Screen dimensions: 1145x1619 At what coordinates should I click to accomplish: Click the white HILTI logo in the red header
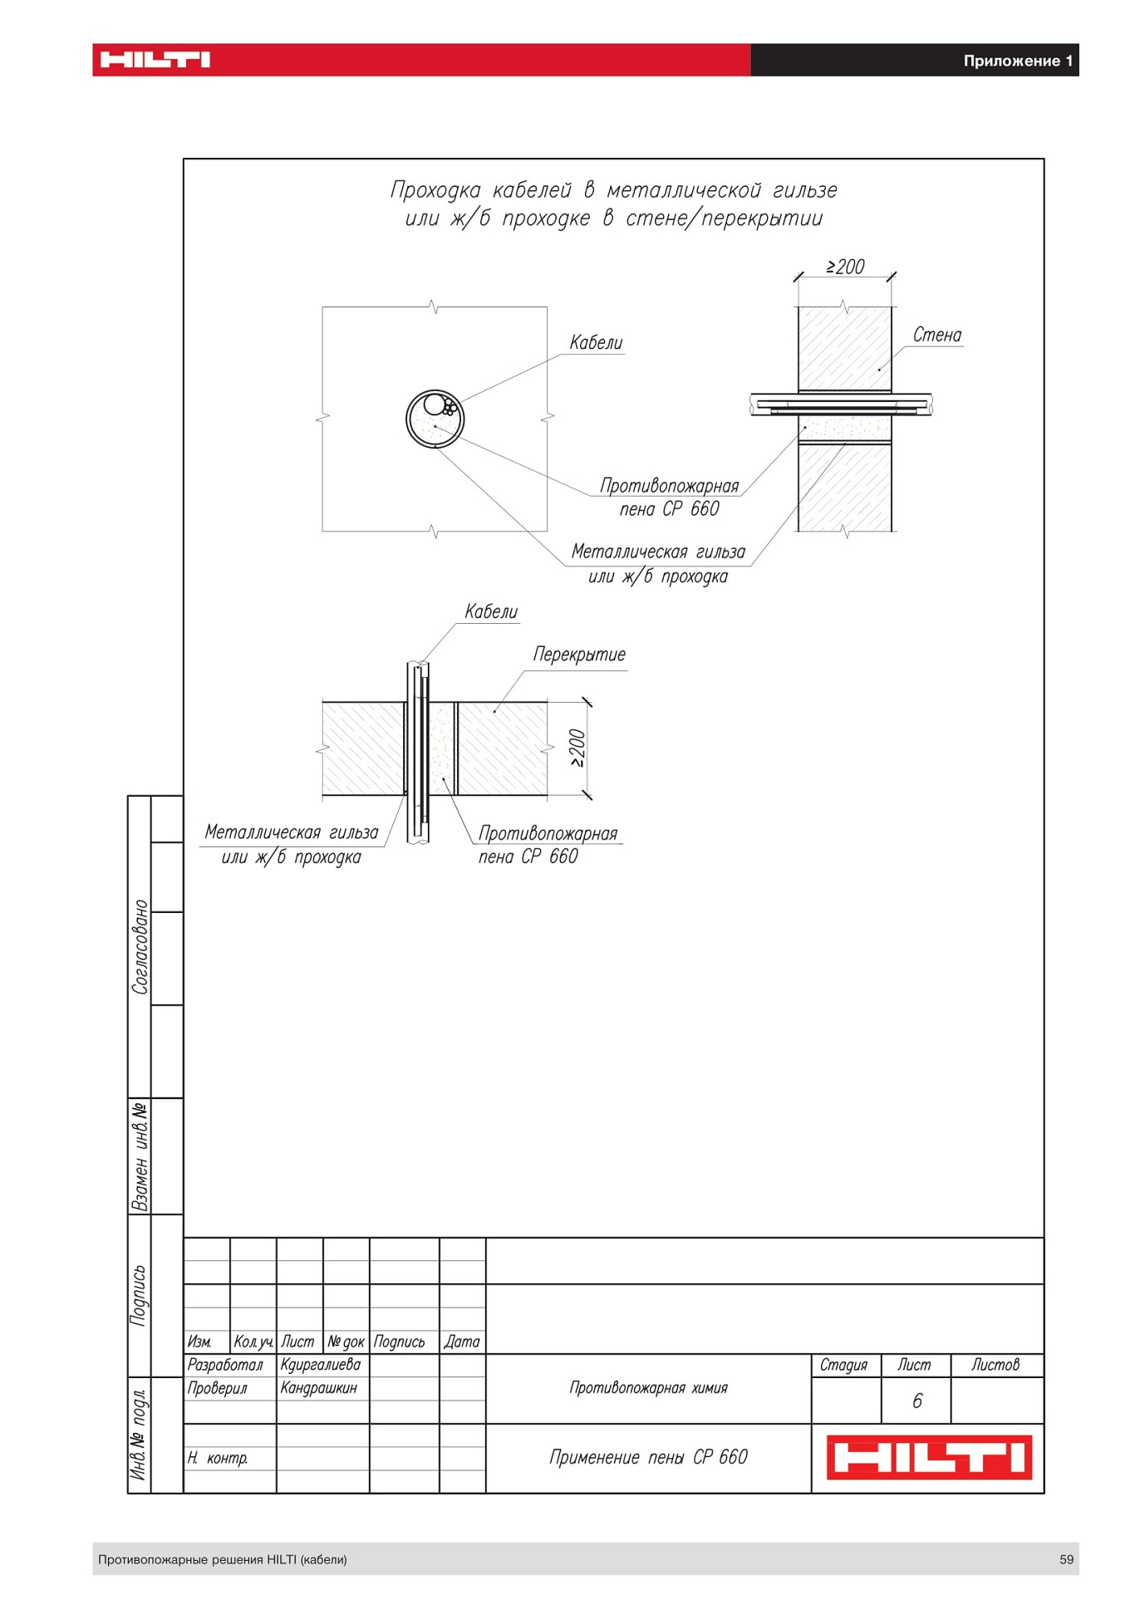(x=155, y=60)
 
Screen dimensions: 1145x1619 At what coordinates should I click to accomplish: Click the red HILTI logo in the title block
(x=929, y=1457)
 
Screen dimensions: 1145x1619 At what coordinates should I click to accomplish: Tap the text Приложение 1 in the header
(x=1018, y=61)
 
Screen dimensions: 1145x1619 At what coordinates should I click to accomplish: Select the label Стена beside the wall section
(x=936, y=335)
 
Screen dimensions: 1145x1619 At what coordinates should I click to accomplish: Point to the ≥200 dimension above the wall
(x=845, y=267)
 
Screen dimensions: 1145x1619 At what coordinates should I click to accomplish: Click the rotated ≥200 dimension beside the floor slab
(x=577, y=748)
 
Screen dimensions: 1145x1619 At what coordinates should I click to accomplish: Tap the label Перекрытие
(x=579, y=655)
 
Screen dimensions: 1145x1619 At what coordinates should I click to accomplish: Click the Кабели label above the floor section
(x=491, y=612)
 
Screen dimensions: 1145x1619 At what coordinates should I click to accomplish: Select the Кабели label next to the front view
(x=596, y=342)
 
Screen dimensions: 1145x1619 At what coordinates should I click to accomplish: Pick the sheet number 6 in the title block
(x=916, y=1401)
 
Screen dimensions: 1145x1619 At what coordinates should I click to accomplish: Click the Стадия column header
(x=843, y=1365)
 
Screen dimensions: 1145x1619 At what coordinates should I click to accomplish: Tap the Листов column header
(x=995, y=1364)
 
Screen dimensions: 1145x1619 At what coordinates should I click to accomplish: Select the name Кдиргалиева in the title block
(x=320, y=1364)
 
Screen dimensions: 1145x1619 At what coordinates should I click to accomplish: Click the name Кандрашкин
(x=318, y=1387)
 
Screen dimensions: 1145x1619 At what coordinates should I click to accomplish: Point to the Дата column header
(x=462, y=1341)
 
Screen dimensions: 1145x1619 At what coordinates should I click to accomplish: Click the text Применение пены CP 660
(x=648, y=1457)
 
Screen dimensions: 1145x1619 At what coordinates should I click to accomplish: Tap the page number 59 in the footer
(x=1067, y=1559)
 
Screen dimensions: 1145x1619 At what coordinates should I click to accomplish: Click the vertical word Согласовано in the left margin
(x=140, y=946)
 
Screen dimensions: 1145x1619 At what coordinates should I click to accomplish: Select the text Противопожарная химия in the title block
(x=648, y=1387)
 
